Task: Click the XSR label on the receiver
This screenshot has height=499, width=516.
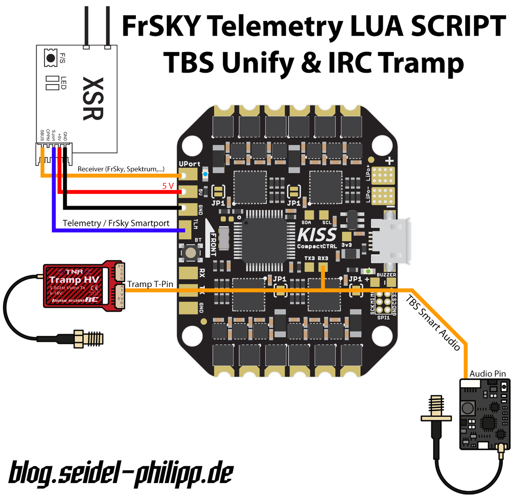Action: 93,99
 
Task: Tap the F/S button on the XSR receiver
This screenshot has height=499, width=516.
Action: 51,58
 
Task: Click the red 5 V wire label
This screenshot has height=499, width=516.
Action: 168,186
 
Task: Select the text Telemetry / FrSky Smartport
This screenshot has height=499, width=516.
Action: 116,223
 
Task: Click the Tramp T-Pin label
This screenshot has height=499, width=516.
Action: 150,284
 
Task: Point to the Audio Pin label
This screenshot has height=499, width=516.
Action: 487,374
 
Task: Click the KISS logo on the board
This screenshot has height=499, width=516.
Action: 317,235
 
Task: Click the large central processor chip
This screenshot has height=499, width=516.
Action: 264,240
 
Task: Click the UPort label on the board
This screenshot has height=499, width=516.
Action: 189,164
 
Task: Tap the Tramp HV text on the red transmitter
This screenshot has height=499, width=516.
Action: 74,280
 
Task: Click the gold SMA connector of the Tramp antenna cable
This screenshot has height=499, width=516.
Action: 89,339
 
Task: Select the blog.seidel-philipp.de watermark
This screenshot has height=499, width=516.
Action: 121,473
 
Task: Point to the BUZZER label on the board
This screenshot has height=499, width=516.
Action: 386,275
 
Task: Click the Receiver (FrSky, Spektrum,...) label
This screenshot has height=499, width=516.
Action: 121,169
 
